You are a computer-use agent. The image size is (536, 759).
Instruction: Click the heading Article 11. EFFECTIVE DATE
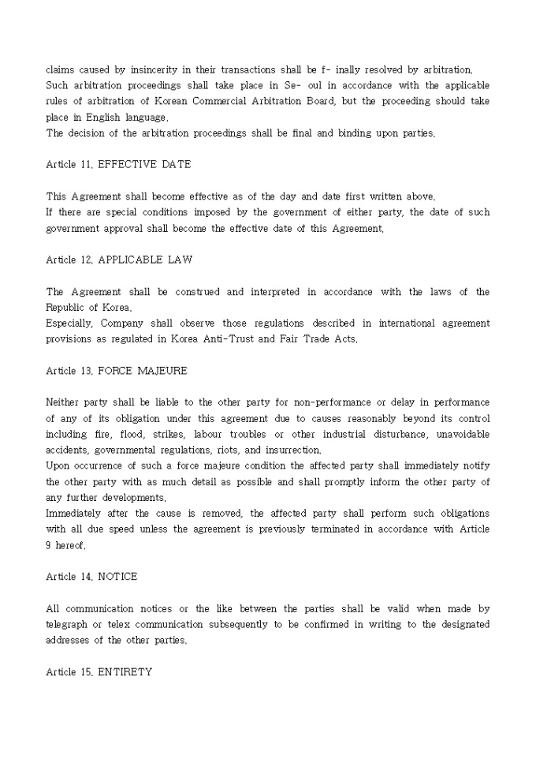click(x=118, y=164)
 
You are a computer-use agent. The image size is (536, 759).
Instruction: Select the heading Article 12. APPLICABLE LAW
click(x=119, y=260)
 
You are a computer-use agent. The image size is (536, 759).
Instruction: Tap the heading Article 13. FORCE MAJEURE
click(x=116, y=371)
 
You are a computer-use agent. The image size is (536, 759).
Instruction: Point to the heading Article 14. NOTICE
click(x=91, y=577)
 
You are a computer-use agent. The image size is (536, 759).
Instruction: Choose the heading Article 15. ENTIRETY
click(x=99, y=671)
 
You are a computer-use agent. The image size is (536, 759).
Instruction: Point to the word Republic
click(x=66, y=308)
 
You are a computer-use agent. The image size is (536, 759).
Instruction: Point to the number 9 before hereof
click(x=49, y=545)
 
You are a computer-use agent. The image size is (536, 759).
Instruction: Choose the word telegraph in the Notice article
click(x=69, y=624)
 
